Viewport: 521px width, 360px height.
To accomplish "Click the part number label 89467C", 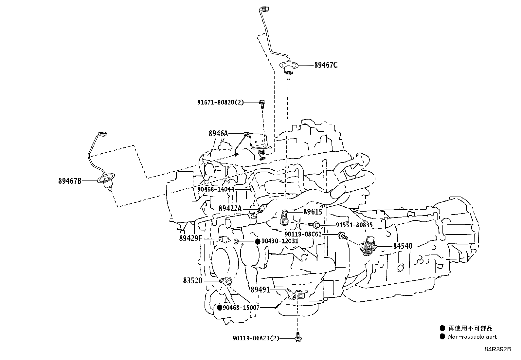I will click(x=326, y=65).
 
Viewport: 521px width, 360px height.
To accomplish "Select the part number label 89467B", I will click(x=70, y=180).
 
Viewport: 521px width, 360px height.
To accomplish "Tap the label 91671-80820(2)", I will click(x=221, y=102).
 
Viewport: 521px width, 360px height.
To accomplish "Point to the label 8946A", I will click(x=218, y=133).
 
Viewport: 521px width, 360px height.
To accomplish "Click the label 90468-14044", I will click(x=216, y=189).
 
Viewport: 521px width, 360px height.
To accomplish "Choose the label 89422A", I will click(x=230, y=208).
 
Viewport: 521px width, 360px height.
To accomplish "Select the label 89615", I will click(x=313, y=212).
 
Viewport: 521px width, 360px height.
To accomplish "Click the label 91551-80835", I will click(x=354, y=225).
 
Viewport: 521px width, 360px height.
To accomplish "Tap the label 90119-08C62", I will click(x=303, y=234).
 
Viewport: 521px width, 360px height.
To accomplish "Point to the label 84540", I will click(x=403, y=246).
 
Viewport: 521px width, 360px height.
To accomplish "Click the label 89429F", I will click(x=190, y=238).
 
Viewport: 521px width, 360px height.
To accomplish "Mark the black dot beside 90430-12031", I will click(x=258, y=241).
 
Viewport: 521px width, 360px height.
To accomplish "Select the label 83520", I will click(x=193, y=281).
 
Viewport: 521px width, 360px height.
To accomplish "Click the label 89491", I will click(x=260, y=290).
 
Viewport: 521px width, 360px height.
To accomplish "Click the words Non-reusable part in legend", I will click(x=472, y=337).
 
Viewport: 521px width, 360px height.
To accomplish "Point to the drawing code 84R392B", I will click(x=498, y=349).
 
